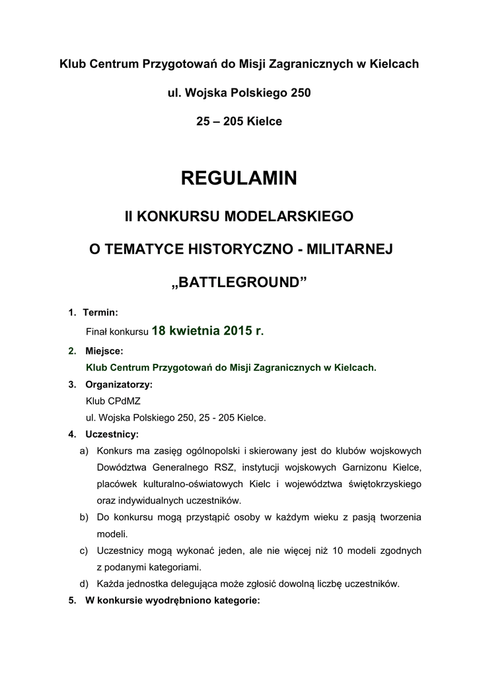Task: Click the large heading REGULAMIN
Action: coord(239,178)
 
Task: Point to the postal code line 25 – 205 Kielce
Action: coord(239,121)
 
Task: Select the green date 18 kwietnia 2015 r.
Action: coord(207,331)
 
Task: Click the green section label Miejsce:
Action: coord(104,351)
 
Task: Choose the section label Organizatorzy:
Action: coord(119,384)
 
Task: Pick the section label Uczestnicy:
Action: coord(112,434)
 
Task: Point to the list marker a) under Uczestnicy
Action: coord(84,452)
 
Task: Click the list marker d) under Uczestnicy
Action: coord(84,584)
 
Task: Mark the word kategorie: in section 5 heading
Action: coord(236,601)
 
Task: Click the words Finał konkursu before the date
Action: coord(117,332)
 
